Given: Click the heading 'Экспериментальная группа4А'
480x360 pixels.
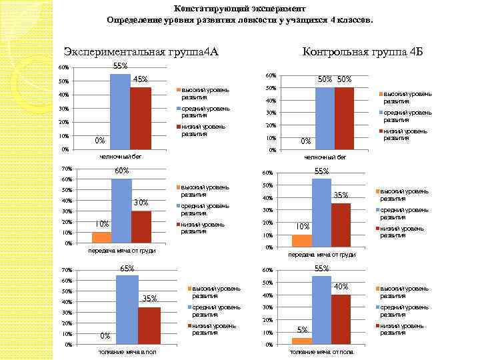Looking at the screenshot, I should coord(141,51).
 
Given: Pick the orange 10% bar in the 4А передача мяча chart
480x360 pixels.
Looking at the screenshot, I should coord(101,237).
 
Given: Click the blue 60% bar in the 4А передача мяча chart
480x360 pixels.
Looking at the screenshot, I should coord(121,211).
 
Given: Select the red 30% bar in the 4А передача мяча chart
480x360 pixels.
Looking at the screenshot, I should coord(141,227).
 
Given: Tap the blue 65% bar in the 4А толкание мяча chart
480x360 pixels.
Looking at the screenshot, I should coord(127,310).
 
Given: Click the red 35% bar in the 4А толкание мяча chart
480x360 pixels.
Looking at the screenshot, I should coord(149,326).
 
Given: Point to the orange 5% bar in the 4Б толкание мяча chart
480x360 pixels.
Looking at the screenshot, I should coord(302,341).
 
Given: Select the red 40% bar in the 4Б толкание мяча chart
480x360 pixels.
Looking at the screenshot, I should coord(341,319).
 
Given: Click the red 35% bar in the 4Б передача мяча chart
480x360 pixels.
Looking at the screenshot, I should coord(341,225).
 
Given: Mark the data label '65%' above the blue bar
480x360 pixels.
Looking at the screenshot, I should coord(127,268).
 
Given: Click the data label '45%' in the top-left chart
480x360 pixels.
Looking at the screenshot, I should coord(141,80).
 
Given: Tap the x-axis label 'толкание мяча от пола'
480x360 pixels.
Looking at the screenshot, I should coord(321,352).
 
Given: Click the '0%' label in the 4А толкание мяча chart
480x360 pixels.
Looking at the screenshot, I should coord(105,335).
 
